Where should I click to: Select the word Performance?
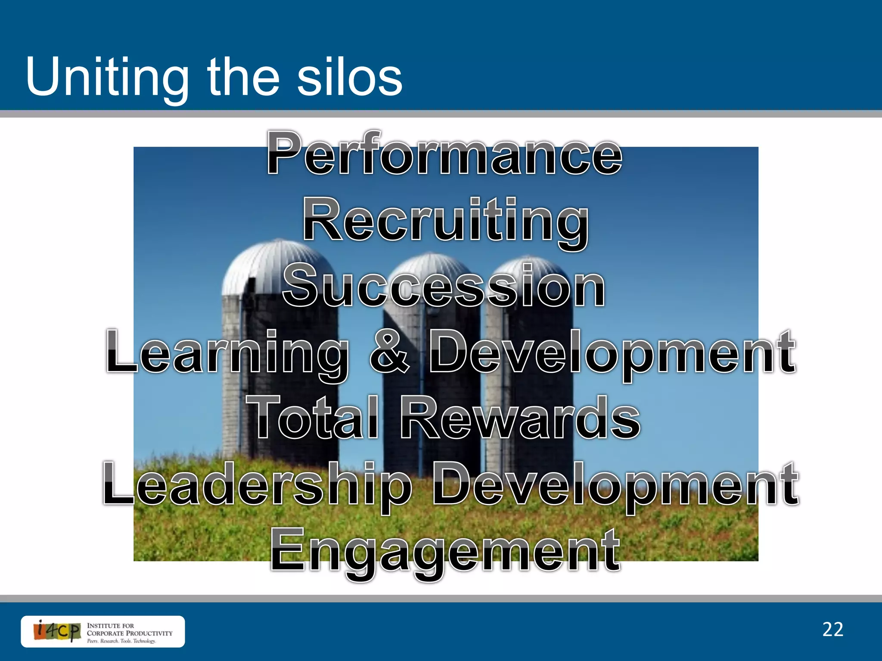click(444, 154)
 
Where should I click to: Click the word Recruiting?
click(445, 221)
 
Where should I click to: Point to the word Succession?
click(444, 287)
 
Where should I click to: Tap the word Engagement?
click(445, 551)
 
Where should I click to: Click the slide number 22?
click(832, 630)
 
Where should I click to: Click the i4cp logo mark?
click(57, 631)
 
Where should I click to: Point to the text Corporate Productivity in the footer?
click(129, 633)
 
